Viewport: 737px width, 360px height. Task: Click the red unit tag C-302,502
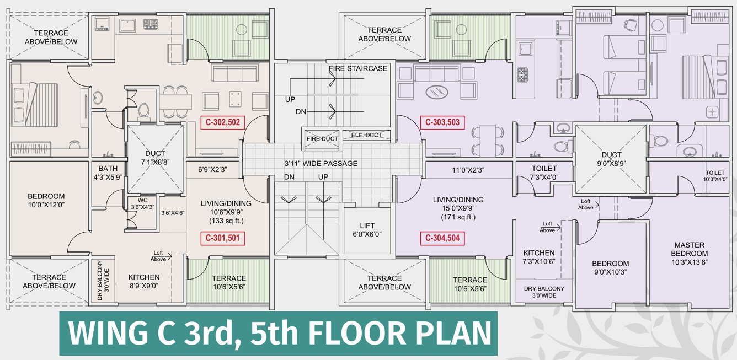tap(222, 123)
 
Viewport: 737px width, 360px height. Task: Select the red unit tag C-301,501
tap(222, 238)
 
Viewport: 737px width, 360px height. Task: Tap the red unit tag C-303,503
tap(441, 123)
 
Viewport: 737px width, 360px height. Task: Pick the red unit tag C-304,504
tap(441, 239)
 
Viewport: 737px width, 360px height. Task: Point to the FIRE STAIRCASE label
tap(358, 68)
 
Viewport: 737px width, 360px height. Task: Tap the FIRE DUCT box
tap(322, 138)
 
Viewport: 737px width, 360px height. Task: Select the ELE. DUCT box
tap(366, 135)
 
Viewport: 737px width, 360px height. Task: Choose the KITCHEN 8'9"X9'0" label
tap(144, 282)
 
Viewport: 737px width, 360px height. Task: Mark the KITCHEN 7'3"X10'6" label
tap(539, 257)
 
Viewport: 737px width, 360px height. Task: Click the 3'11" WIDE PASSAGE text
tap(321, 164)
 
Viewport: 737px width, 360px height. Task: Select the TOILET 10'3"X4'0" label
tap(715, 176)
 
